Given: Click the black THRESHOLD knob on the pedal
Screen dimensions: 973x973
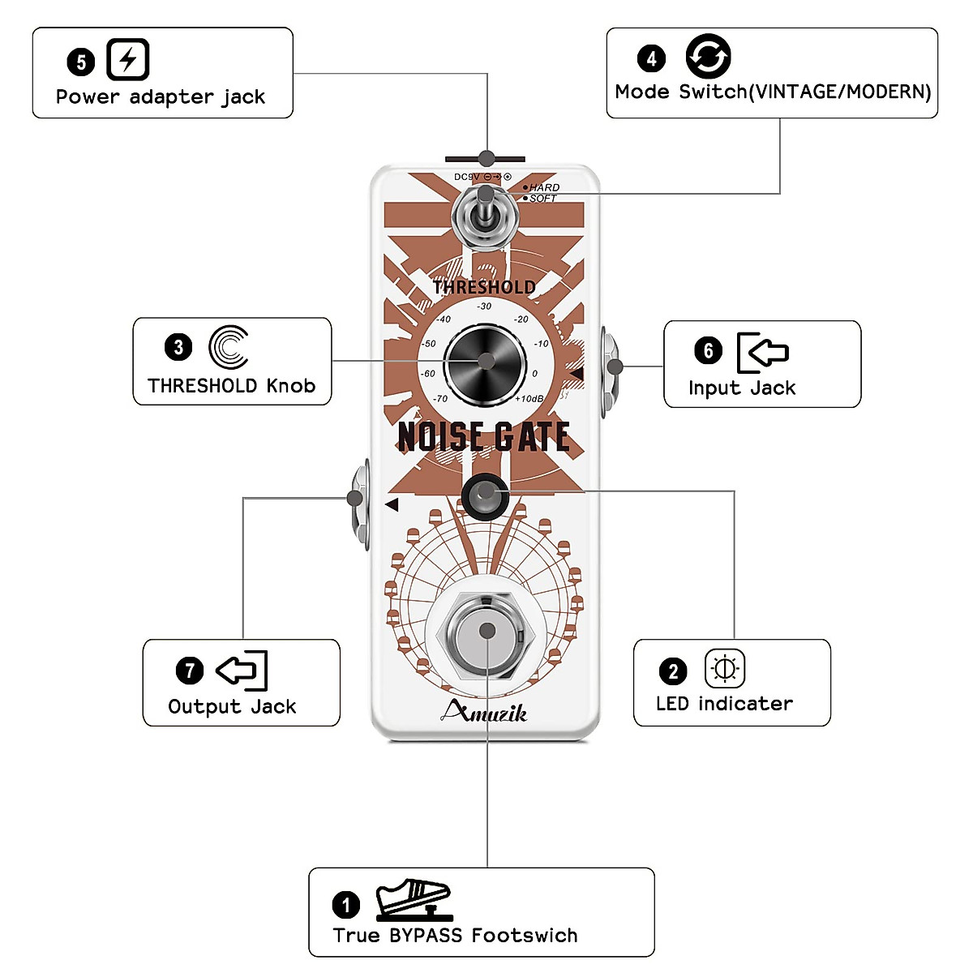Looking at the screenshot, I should (485, 363).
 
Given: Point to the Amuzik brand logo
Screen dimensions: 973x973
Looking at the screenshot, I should (485, 712).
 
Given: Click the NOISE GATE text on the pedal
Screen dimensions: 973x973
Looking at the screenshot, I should (484, 437).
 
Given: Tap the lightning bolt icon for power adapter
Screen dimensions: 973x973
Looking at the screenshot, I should (128, 60).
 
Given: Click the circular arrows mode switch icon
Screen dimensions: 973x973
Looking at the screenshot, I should (708, 57).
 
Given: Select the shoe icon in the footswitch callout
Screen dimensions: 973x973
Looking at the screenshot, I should (413, 899).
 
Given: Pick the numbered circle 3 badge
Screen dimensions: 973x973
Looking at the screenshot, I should (178, 348).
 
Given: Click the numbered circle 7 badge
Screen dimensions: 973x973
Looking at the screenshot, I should (189, 671).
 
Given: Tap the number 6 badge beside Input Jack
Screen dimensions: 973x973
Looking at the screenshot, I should (708, 350).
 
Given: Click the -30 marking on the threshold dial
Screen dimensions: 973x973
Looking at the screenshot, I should (484, 306).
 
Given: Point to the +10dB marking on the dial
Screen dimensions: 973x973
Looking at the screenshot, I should (529, 399).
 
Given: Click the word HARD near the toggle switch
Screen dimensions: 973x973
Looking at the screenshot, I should (544, 187).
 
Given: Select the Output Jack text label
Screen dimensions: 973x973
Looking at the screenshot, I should (232, 706).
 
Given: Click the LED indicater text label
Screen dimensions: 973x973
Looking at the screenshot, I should (724, 704).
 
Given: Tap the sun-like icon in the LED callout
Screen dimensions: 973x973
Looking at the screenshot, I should (724, 669).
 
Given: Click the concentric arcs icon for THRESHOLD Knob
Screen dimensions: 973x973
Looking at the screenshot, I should (229, 348).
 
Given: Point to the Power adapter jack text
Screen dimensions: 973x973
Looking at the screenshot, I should (161, 97).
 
